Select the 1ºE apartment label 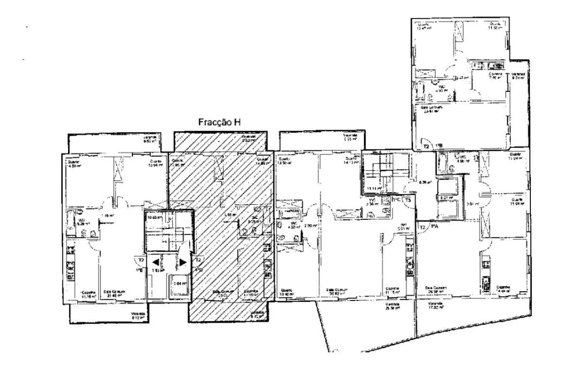(x=139, y=269)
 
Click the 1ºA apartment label (x=434, y=227)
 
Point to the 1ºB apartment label (x=439, y=146)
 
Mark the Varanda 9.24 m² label (x=519, y=76)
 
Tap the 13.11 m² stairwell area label (x=372, y=189)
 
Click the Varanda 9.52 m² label (x=150, y=139)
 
